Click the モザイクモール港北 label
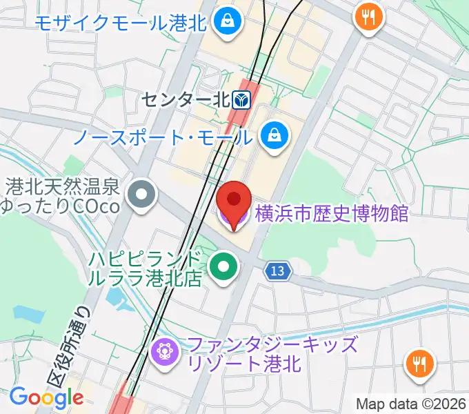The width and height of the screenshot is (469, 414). tap(121, 23)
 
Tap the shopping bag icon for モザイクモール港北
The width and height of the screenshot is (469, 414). tap(226, 22)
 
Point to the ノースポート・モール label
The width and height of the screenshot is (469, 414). tap(163, 137)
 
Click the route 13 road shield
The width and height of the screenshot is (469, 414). tap(277, 271)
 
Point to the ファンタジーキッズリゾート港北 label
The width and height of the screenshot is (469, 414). tap(273, 354)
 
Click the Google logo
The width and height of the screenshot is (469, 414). tap(46, 397)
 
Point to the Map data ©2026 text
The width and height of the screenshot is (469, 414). tap(411, 404)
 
